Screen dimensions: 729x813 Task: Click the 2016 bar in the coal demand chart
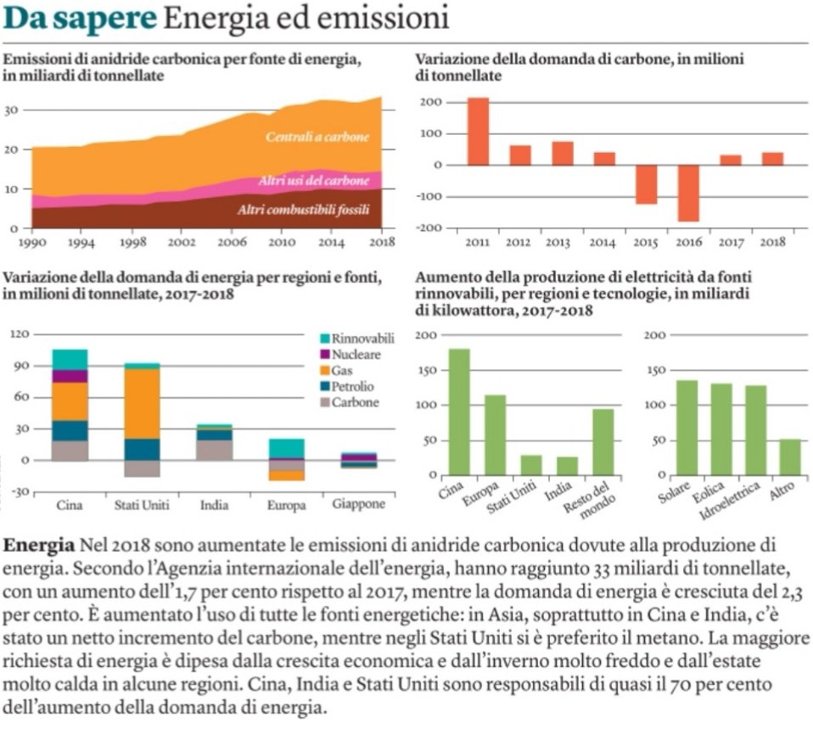click(688, 193)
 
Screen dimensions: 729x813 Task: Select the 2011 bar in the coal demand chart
click(478, 132)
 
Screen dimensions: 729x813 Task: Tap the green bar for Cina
click(459, 412)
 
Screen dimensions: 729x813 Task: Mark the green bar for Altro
click(789, 457)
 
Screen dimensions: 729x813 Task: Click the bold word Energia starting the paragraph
click(39, 543)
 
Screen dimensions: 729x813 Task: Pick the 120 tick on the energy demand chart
click(20, 334)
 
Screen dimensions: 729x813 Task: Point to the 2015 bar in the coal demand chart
click(646, 184)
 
